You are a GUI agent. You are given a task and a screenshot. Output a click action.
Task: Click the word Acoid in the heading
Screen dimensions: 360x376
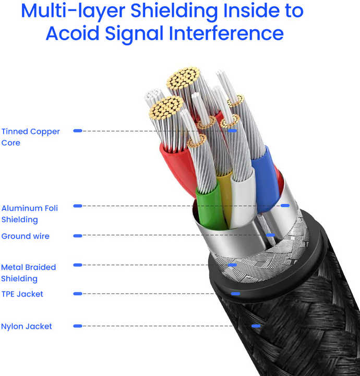coord(73,33)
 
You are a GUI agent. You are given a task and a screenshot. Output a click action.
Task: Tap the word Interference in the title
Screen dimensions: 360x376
coord(226,33)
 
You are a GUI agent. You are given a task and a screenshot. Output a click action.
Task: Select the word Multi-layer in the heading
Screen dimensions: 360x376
coord(73,11)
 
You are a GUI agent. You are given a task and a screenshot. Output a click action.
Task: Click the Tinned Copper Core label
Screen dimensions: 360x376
coord(30,137)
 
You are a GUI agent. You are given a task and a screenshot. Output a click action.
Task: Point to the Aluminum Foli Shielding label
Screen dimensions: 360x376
coord(29,214)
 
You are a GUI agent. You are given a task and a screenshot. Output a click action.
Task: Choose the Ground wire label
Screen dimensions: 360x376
coord(25,236)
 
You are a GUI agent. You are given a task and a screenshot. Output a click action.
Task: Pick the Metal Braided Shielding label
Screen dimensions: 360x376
coord(28,273)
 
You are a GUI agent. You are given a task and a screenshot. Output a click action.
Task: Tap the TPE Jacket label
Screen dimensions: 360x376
coord(22,294)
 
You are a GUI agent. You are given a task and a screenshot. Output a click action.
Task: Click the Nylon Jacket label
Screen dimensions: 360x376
coord(26,326)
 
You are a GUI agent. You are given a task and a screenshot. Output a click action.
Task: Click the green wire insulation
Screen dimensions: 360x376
coord(210,206)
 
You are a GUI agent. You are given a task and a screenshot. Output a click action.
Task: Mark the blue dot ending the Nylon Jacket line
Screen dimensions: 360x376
coord(256,326)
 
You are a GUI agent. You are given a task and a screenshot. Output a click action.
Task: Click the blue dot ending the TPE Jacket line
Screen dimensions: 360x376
coord(235,293)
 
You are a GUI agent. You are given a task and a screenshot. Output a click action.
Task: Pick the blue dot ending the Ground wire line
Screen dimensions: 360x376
coord(271,235)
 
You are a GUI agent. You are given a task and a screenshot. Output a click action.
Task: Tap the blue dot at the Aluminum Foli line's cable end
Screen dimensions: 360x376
coord(285,206)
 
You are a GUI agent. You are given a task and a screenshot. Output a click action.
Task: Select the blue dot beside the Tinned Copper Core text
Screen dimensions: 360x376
coord(78,131)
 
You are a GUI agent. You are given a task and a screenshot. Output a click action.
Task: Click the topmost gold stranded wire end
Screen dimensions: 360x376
coord(183,77)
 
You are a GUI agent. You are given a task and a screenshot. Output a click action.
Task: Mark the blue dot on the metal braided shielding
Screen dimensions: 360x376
coord(232,265)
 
